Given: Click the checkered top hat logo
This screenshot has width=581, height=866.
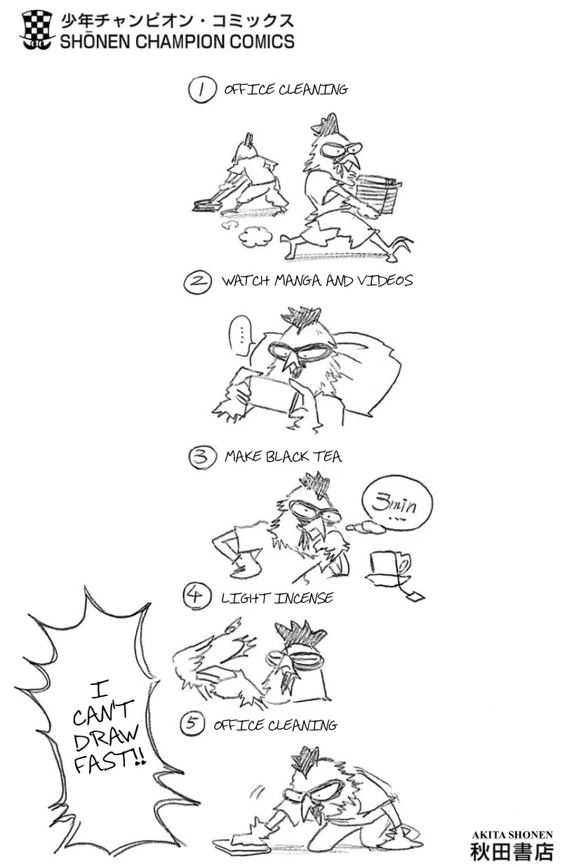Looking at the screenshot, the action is point(36,30).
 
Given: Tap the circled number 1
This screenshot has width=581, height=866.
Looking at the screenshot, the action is point(201,90).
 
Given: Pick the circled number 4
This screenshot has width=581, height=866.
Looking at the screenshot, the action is point(196,597).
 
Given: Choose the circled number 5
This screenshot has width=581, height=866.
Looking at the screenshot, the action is point(192,724).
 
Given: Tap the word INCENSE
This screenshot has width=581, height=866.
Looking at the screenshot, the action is point(304,599).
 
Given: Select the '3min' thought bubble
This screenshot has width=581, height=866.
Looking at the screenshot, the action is point(396,505).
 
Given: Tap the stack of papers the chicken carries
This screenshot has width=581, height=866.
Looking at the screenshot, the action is point(378,194).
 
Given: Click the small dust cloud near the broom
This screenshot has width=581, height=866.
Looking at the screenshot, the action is point(255,237).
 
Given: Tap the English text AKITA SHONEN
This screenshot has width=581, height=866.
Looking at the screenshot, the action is point(512,835).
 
